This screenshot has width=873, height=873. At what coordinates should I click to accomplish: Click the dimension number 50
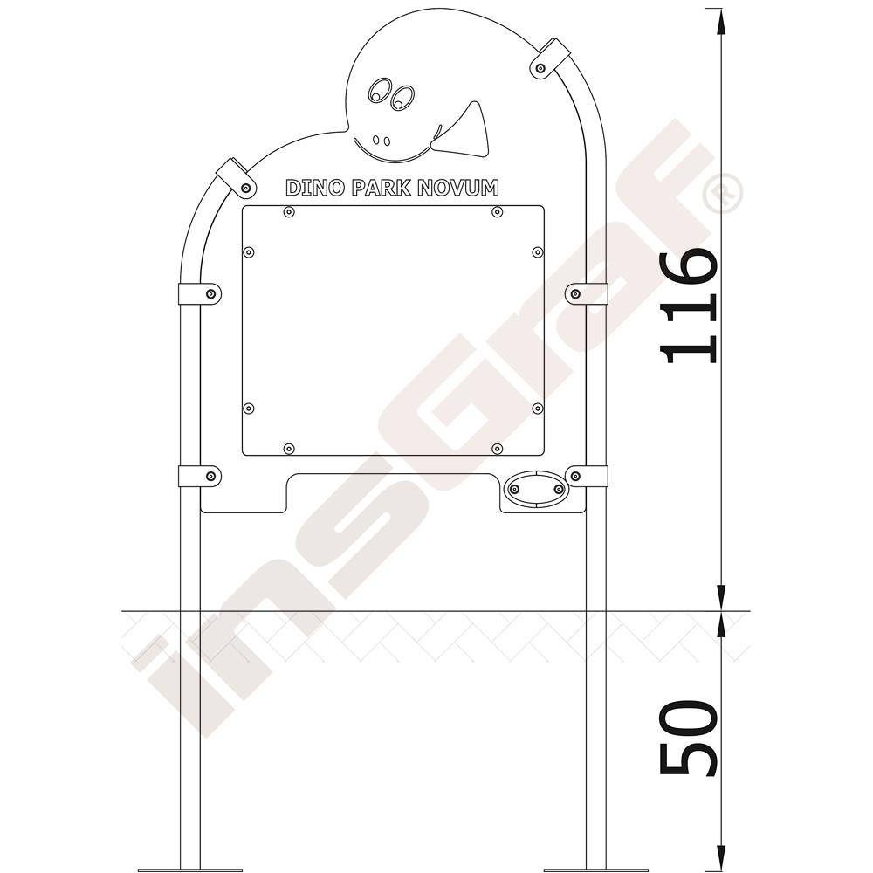(x=687, y=737)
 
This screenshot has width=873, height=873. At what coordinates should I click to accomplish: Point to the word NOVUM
(x=458, y=188)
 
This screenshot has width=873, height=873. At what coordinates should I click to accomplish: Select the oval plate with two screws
(x=536, y=489)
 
